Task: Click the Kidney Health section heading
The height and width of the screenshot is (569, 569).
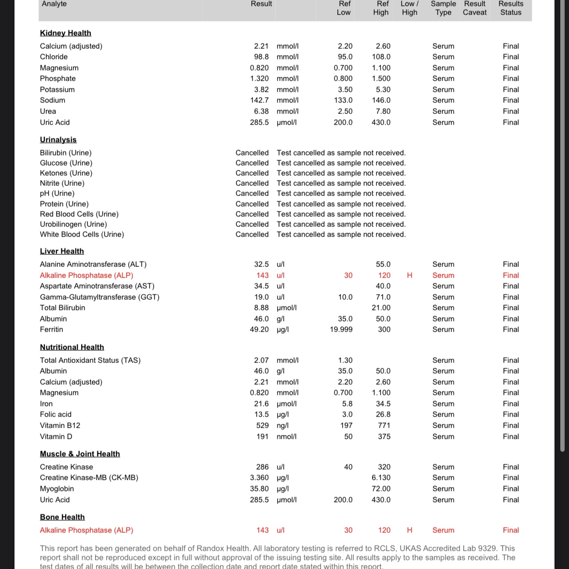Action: pos(65,33)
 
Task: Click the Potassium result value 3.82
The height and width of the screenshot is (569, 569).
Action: pos(261,89)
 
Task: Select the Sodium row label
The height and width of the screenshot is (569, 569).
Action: pos(53,100)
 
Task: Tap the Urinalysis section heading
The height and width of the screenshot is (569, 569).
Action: pos(58,139)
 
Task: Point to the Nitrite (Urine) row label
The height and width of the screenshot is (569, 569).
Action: pos(62,183)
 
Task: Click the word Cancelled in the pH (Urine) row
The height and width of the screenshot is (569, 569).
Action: pos(252,193)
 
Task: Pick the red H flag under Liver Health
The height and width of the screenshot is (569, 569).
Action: pos(410,275)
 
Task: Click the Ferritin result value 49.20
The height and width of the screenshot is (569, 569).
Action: pos(259,329)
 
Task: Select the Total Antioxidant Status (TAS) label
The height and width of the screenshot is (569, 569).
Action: pos(90,360)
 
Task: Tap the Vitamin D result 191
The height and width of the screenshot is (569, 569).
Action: pos(263,436)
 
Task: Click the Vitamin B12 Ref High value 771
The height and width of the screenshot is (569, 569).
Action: pos(384,425)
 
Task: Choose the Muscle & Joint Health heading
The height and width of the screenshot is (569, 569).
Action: pos(80,454)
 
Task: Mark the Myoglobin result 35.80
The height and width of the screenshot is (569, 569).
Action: pos(259,488)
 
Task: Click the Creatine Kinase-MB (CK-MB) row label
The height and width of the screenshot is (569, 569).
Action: pos(89,477)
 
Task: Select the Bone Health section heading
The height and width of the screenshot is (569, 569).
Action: pos(62,517)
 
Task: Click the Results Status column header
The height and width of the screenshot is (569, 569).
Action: pos(511,8)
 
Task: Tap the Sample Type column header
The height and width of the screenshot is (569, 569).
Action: pos(443,8)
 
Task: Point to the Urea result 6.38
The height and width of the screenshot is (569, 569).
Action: pos(261,111)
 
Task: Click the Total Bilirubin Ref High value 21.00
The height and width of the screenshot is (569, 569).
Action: pos(381,307)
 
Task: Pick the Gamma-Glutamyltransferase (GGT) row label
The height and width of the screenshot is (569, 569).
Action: pos(99,297)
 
